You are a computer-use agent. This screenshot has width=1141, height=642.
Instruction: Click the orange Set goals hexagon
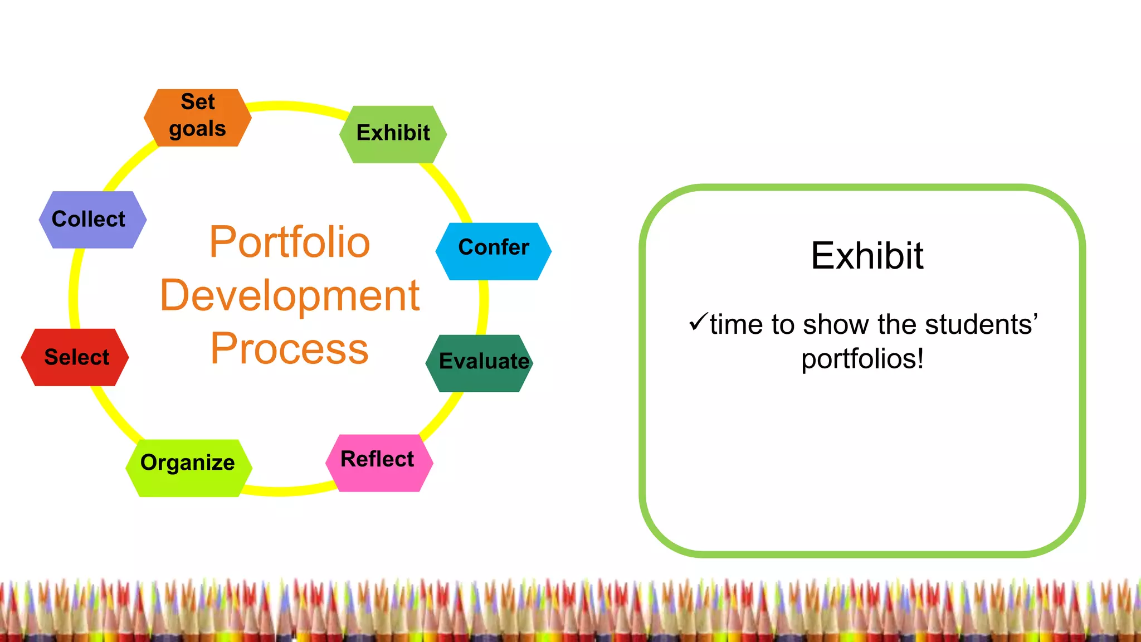[x=197, y=118]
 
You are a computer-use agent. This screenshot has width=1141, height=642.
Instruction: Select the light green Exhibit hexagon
[x=393, y=134]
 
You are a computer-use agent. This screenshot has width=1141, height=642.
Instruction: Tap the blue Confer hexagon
[x=493, y=251]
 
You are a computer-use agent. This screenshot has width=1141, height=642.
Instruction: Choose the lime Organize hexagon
[x=188, y=468]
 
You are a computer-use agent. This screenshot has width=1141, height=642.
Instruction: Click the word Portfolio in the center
[x=289, y=242]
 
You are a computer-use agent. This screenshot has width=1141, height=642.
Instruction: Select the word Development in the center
[x=289, y=296]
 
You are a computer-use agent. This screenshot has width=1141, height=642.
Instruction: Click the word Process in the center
[x=289, y=349]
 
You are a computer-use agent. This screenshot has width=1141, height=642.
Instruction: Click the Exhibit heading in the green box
[x=867, y=256]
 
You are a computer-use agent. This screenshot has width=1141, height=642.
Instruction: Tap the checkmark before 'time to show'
[x=698, y=321]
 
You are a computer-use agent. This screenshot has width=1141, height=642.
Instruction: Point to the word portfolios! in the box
[x=862, y=358]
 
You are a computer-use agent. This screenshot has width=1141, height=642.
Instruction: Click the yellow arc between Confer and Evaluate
[x=483, y=307]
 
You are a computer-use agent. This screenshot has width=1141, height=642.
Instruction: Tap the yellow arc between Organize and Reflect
[x=284, y=491]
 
